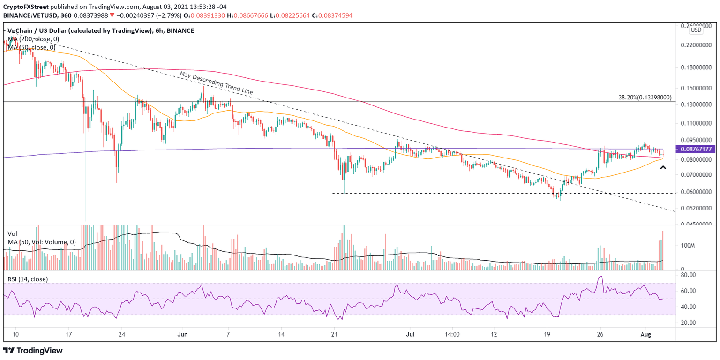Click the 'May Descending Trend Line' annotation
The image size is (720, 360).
[x=216, y=83]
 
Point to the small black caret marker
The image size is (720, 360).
[x=663, y=167]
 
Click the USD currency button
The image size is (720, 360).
[x=696, y=30]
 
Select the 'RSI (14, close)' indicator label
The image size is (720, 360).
[x=28, y=279]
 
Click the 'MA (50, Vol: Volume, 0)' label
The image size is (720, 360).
[x=41, y=242]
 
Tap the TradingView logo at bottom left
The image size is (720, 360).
[x=33, y=350]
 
